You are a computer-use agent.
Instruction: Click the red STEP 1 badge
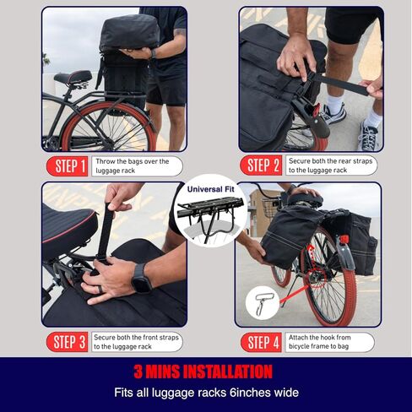(x=71, y=166)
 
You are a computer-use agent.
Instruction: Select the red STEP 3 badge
(x=70, y=342)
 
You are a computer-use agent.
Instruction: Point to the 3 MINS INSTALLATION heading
(x=205, y=372)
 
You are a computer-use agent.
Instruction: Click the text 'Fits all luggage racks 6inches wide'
(x=205, y=393)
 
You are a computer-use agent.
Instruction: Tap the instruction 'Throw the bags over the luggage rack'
(x=139, y=166)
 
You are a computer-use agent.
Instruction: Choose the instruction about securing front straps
(x=139, y=342)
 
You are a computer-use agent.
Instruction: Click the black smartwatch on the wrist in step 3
(x=141, y=279)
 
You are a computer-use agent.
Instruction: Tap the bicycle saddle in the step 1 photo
(x=73, y=79)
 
